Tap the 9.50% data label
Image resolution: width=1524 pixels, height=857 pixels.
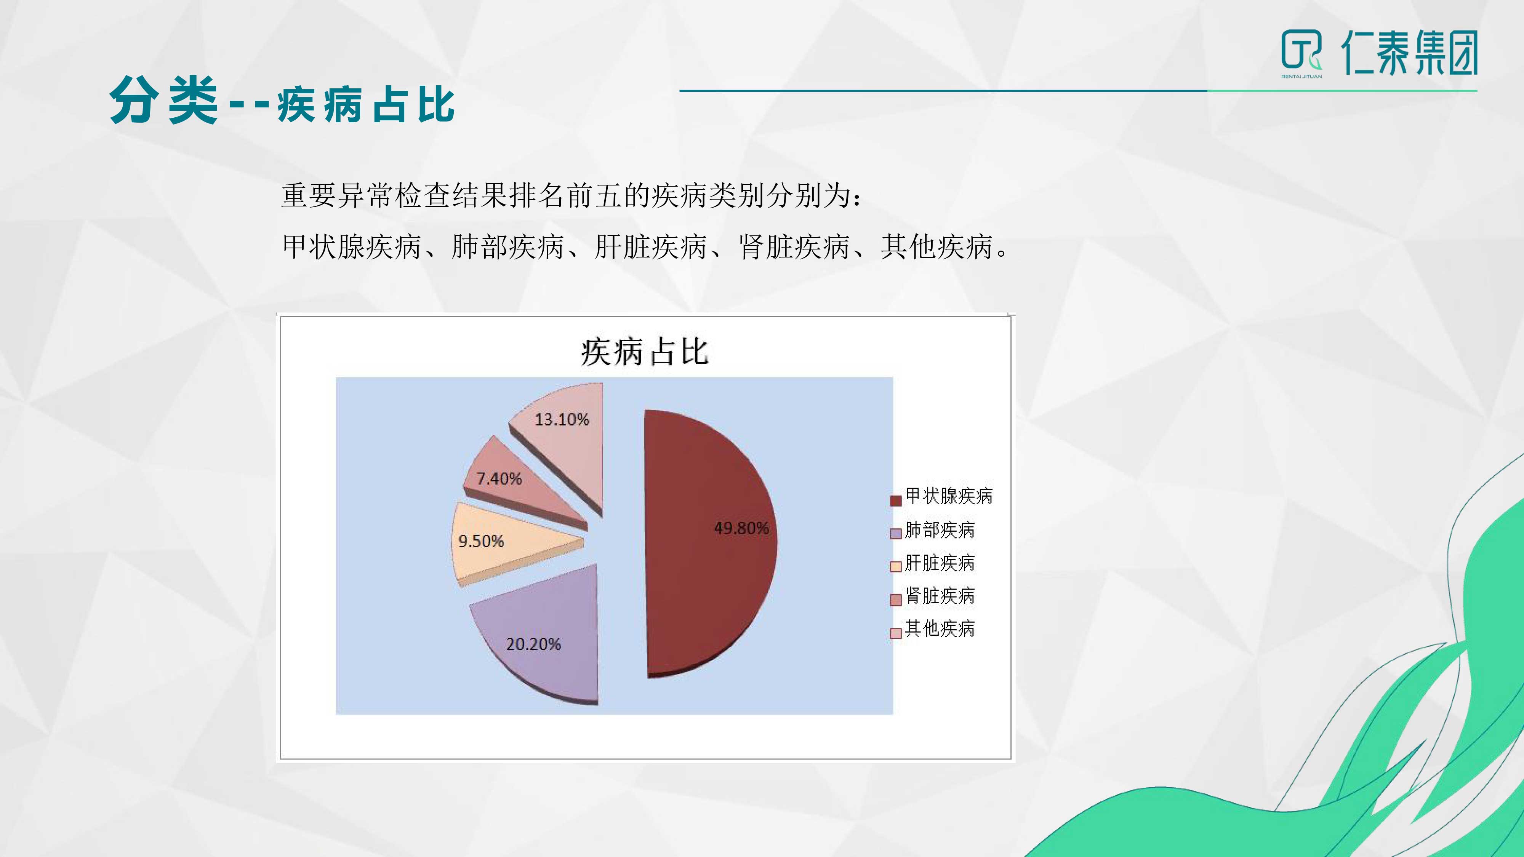481,540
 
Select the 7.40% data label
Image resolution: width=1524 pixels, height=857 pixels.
499,478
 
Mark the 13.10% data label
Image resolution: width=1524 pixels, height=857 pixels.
562,419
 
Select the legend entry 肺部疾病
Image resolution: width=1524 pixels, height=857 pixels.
932,529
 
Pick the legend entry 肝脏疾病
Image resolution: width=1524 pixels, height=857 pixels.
932,563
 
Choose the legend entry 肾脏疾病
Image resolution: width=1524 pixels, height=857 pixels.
932,596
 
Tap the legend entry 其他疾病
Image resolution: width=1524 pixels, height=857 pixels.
932,629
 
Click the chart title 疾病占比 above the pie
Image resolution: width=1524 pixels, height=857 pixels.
644,352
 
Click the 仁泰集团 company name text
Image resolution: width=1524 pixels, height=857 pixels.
1409,53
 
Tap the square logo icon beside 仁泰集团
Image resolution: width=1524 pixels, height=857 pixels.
1301,50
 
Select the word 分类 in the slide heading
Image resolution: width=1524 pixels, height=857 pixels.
164,101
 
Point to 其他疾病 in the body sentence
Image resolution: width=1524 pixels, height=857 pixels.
936,247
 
